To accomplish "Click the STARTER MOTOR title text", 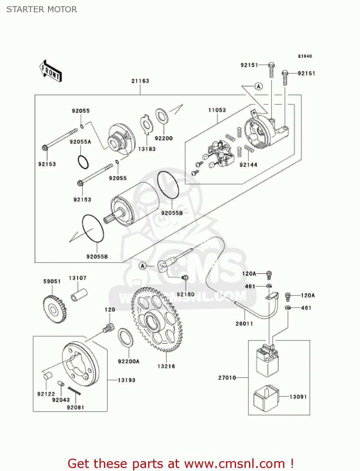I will (42, 9).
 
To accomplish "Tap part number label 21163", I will (140, 81).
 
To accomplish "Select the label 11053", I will (217, 110).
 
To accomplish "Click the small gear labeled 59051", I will (54, 309).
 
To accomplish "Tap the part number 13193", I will (126, 380).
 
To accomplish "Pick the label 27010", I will (227, 378).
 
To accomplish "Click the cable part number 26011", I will (244, 324).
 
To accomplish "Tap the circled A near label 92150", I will (143, 266).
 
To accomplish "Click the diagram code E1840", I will (305, 56).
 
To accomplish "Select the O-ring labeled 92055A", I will (83, 162).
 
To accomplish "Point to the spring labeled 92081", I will (74, 390).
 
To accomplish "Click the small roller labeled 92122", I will (47, 376).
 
